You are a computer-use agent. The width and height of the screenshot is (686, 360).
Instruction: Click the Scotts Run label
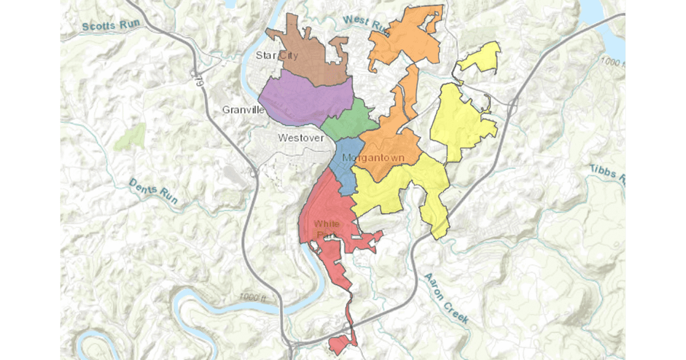pos(107,26)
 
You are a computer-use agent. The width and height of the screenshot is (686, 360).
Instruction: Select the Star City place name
pos(273,55)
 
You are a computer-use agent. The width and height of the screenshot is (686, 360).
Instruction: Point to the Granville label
pos(242,109)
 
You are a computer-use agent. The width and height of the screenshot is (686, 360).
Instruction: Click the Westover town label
pos(301,138)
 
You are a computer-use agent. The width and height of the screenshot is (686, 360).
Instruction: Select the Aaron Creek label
pos(446,298)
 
